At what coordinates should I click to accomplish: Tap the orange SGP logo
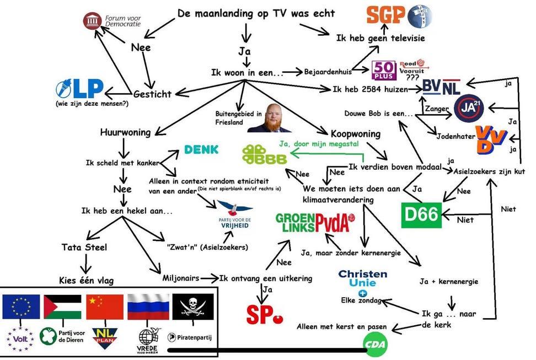[386, 15]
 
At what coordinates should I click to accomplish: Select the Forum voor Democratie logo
[112, 21]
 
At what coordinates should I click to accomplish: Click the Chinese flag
[104, 307]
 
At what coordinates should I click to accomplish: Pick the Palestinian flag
[63, 307]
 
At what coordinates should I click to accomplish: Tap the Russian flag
[148, 307]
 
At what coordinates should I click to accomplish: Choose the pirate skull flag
[192, 307]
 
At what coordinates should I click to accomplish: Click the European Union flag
[21, 307]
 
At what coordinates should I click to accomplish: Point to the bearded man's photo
[269, 118]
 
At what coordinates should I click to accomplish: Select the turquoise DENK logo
[201, 149]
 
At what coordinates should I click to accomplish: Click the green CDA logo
[375, 345]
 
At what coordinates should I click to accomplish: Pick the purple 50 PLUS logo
[384, 71]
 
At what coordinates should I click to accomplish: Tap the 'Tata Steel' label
[84, 247]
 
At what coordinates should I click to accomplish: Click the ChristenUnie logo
[362, 278]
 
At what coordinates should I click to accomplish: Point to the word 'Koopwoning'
[355, 134]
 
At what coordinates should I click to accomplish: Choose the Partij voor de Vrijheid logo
[234, 217]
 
